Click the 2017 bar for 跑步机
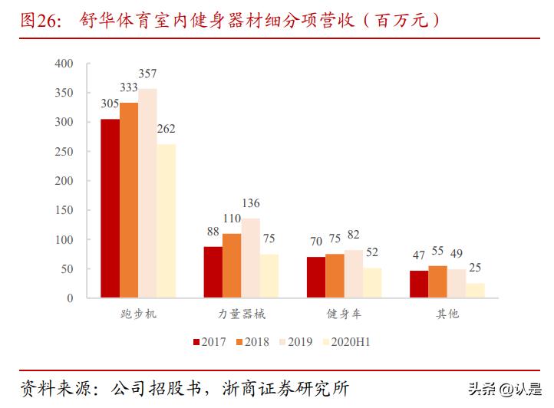click(x=110, y=208)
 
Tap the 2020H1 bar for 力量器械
click(x=269, y=275)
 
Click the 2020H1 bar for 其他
click(x=475, y=290)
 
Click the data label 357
click(x=147, y=74)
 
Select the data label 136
click(x=250, y=203)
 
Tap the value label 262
click(x=167, y=130)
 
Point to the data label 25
click(x=476, y=268)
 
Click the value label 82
click(x=354, y=235)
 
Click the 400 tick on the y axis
click(x=64, y=64)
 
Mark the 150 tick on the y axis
click(x=64, y=210)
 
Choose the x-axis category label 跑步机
click(x=139, y=314)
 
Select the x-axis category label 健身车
click(x=344, y=314)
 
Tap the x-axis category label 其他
click(x=447, y=314)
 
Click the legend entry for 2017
click(x=209, y=342)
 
